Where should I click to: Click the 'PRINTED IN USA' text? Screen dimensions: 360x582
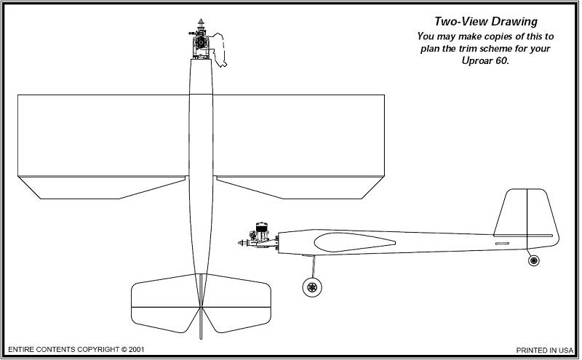pos(545,350)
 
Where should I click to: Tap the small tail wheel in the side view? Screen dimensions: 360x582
pos(534,260)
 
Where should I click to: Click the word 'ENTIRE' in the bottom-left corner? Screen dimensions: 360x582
pos(22,350)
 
